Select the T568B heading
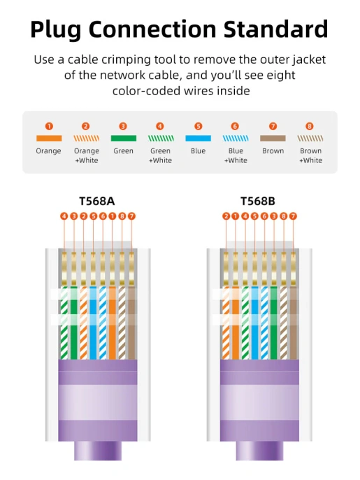(x=259, y=202)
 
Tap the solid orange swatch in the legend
(x=49, y=139)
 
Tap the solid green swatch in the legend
(x=123, y=139)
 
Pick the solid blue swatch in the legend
(x=199, y=139)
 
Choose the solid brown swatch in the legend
(x=273, y=139)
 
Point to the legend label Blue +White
(x=236, y=155)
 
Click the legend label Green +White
(x=161, y=155)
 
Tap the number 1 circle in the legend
(x=49, y=126)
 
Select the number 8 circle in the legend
(x=310, y=126)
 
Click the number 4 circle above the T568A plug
(x=64, y=216)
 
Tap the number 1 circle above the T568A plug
(x=112, y=216)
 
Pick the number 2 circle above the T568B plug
(x=226, y=216)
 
